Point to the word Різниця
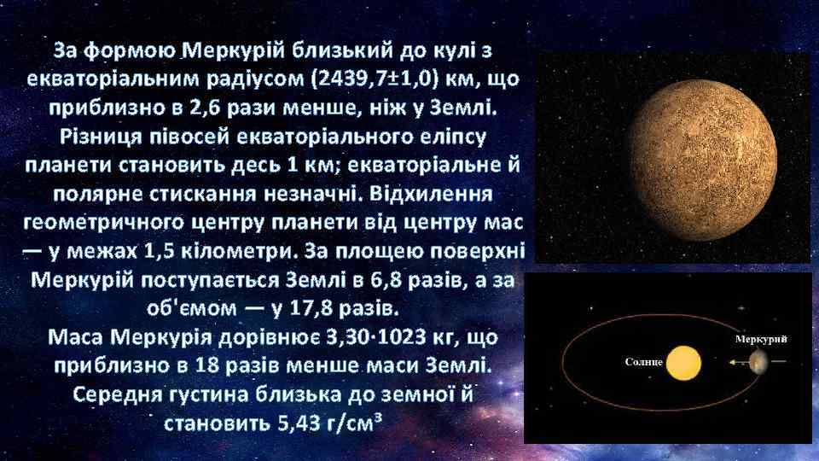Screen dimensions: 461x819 coord(96,135)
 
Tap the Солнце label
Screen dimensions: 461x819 coord(643,362)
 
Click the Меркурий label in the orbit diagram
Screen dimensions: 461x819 coord(760,339)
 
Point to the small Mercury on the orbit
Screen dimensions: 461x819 coord(758,363)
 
